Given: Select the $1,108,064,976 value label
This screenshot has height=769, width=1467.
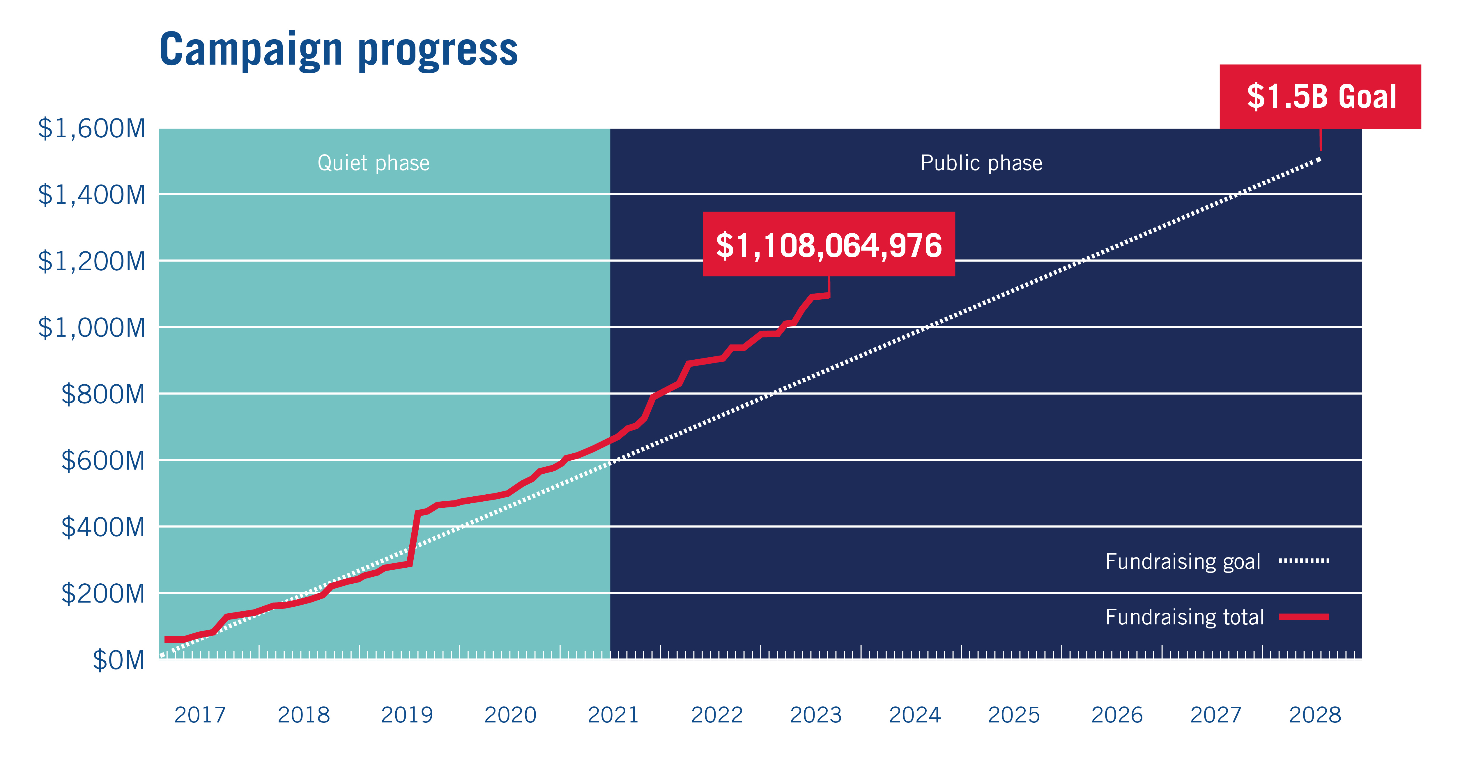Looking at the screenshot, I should pyautogui.click(x=829, y=245).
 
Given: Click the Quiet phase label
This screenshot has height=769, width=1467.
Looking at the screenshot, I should pyautogui.click(x=374, y=163).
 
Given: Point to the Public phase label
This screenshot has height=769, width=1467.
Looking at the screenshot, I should pyautogui.click(x=981, y=163).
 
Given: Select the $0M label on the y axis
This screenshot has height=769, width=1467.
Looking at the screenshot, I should pyautogui.click(x=118, y=660).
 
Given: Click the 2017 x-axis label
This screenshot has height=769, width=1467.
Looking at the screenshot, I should pyautogui.click(x=200, y=715).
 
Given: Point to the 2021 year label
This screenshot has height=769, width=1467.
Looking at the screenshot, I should pyautogui.click(x=613, y=715).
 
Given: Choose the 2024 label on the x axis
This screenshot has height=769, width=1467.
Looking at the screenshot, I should pyautogui.click(x=915, y=715).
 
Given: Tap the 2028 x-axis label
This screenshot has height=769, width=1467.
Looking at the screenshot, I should pyautogui.click(x=1315, y=715).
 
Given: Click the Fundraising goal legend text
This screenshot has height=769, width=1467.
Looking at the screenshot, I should pyautogui.click(x=1183, y=562).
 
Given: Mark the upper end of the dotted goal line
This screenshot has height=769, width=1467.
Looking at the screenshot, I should pyautogui.click(x=1319, y=159).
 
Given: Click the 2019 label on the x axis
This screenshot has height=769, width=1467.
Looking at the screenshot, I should pyautogui.click(x=407, y=715).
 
